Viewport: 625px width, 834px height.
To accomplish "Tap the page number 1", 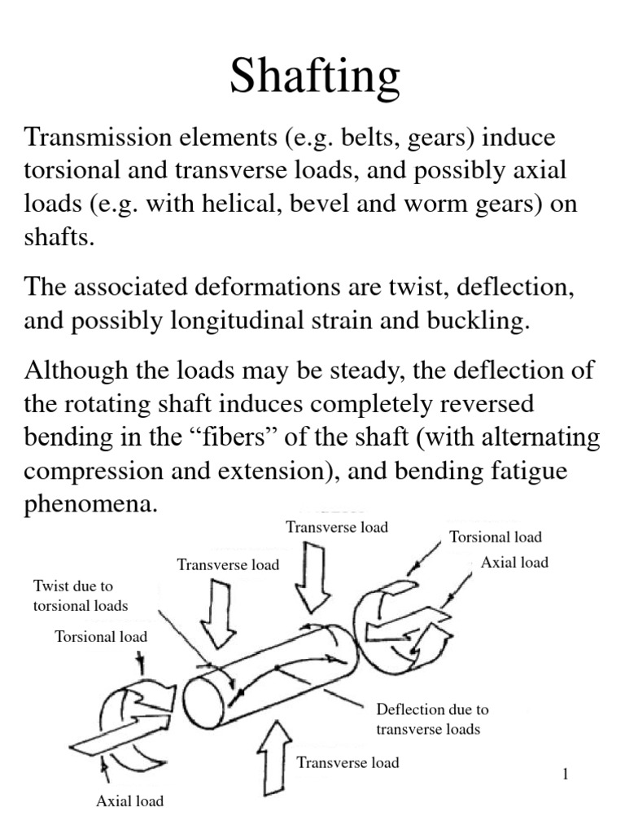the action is tap(564, 774).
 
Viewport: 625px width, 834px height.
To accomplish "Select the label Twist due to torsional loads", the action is tap(81, 595).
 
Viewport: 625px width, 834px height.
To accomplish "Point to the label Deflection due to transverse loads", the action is tap(432, 719).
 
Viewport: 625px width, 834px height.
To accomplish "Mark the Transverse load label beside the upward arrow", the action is tap(347, 762).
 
